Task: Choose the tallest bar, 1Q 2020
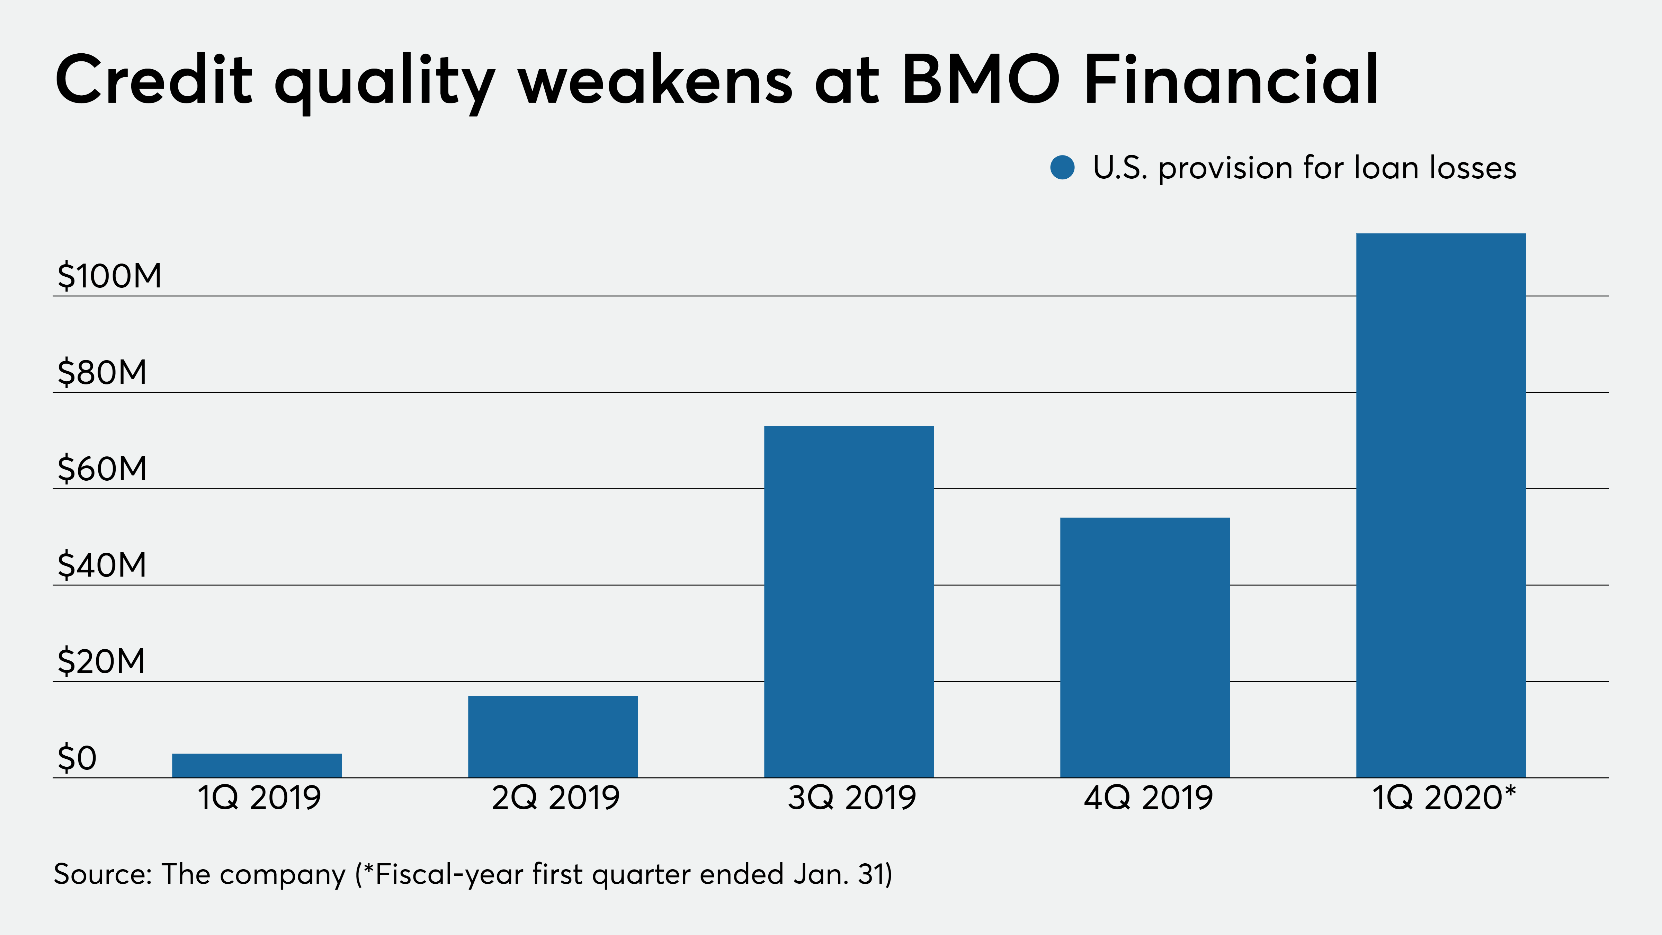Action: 1441,505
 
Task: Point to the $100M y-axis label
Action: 109,276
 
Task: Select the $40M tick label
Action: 102,565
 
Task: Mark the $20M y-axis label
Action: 101,661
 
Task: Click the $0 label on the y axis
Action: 77,758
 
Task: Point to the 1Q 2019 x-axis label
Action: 259,798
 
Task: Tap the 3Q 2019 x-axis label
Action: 852,798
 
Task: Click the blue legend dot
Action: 1062,168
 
